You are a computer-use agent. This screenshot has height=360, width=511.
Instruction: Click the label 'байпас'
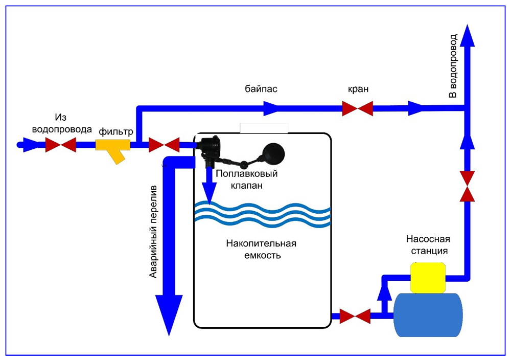[x=261, y=89]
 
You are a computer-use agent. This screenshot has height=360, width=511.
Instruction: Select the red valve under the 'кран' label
[x=357, y=108]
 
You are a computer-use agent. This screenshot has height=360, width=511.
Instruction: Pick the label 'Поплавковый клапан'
[x=246, y=179]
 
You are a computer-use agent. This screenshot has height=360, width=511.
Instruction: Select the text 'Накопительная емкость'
[x=261, y=249]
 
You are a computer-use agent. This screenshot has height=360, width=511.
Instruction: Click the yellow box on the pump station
[x=428, y=277]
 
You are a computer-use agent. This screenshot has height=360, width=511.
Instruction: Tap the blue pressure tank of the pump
[x=428, y=314]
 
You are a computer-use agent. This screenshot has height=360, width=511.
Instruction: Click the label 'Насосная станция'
[x=427, y=245]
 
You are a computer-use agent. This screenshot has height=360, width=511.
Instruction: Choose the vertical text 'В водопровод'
[x=453, y=66]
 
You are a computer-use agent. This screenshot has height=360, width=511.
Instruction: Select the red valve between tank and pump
[x=355, y=316]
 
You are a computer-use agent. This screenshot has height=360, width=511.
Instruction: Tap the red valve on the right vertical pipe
[x=467, y=187]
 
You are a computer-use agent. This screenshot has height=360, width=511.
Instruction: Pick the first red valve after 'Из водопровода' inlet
[x=60, y=145]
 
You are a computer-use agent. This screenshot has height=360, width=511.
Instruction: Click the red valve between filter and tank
[x=164, y=145]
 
